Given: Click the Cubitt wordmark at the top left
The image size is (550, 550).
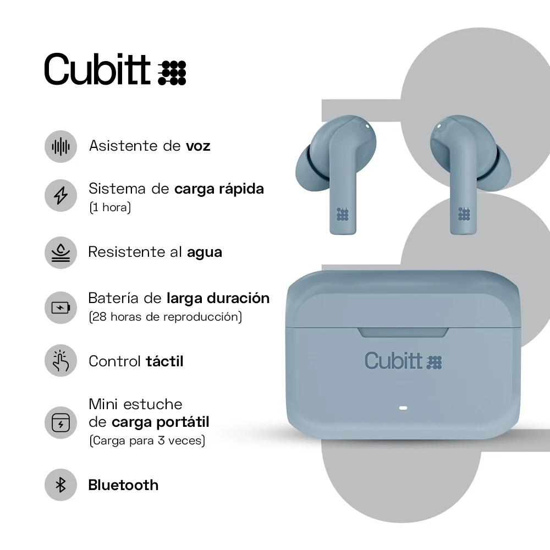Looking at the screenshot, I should (x=97, y=69).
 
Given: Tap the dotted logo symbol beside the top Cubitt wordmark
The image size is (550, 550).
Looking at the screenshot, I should (x=172, y=73).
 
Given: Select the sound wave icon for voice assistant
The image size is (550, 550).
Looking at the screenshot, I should (x=61, y=146).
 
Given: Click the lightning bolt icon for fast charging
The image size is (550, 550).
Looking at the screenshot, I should (x=61, y=195).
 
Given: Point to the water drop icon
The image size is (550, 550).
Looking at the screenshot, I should (x=61, y=252).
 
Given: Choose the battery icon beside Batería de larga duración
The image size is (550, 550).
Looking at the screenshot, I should (x=61, y=307).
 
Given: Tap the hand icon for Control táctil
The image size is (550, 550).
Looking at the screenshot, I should (x=61, y=361).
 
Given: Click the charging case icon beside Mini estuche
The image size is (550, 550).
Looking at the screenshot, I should (x=61, y=423).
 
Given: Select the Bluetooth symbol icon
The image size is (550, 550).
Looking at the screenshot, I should (x=61, y=485).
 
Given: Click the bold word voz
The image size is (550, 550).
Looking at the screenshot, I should (x=198, y=146).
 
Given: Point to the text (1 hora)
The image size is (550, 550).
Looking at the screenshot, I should (x=110, y=208).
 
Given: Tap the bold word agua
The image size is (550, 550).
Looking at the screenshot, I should (x=205, y=252).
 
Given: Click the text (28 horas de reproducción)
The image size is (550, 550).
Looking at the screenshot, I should (x=165, y=317).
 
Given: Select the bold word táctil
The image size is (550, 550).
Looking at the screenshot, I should (x=164, y=361).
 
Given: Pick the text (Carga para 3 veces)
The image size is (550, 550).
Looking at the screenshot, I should (x=147, y=441).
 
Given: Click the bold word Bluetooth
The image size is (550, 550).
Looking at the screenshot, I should (x=123, y=485).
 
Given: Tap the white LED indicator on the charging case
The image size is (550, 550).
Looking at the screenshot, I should (x=402, y=409).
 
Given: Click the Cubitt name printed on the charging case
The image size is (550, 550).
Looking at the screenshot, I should (x=393, y=360).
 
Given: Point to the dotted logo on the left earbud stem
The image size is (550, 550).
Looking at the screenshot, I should (x=343, y=214).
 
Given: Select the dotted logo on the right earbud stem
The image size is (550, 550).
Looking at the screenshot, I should (x=464, y=214).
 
